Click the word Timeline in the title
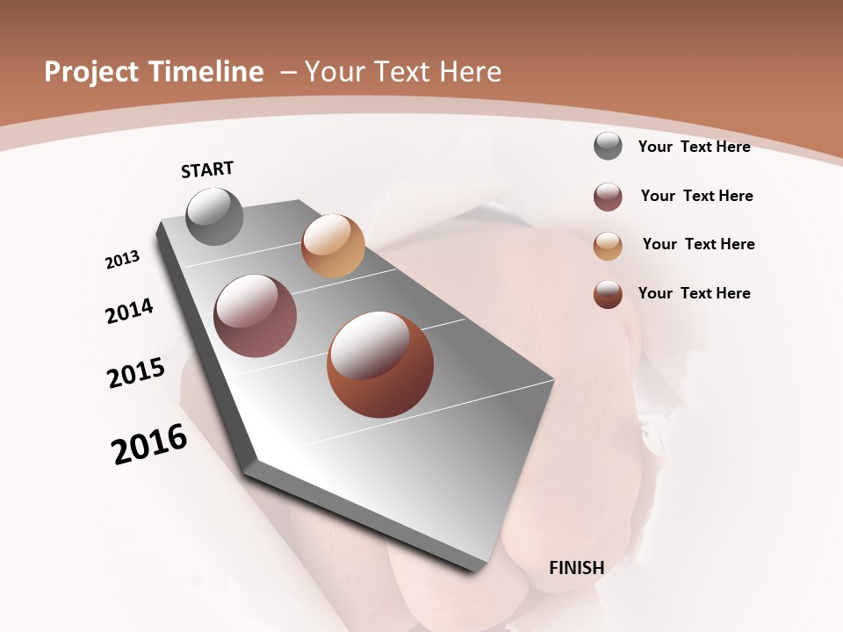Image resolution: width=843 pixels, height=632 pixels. [x=207, y=72]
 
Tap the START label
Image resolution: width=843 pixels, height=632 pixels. [x=207, y=169]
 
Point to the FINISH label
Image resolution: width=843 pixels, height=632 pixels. [x=576, y=568]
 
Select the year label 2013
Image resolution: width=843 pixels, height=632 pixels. [x=122, y=259]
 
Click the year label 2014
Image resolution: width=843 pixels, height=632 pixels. [x=129, y=311]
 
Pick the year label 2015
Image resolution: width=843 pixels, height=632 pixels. [x=136, y=373]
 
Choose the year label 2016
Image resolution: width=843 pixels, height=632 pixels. [x=149, y=444]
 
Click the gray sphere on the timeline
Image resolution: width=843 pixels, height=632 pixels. [x=215, y=216]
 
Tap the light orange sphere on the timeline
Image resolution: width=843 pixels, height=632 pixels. [x=333, y=245]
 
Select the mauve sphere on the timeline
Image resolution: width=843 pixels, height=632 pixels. [x=256, y=316]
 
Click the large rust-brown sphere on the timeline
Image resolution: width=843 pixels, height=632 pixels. [x=380, y=364]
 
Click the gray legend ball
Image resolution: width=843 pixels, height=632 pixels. [x=608, y=146]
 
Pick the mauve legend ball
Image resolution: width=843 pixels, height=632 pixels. [x=608, y=197]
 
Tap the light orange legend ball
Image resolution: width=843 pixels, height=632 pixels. [x=608, y=245]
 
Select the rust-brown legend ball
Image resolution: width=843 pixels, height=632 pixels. [x=608, y=294]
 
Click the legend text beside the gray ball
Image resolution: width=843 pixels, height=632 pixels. [x=694, y=147]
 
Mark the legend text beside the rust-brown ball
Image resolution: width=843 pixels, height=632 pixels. [x=694, y=293]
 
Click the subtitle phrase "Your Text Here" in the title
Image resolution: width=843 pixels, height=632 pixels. [x=402, y=72]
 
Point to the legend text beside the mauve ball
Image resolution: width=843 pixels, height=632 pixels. [x=696, y=196]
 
